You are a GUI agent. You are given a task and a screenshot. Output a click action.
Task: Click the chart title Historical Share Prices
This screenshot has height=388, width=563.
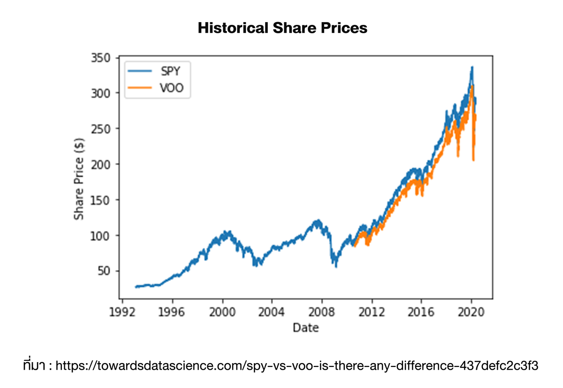tap(282, 28)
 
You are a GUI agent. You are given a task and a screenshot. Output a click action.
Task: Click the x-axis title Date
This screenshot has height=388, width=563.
tap(305, 327)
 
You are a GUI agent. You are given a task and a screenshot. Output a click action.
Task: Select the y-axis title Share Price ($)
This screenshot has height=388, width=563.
tap(79, 178)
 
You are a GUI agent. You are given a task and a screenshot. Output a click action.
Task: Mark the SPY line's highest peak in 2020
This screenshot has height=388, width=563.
tap(472, 67)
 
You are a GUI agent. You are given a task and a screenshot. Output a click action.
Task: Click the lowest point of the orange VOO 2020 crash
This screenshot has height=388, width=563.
tap(473, 160)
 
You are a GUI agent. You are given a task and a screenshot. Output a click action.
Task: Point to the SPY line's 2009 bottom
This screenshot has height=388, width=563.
tap(335, 266)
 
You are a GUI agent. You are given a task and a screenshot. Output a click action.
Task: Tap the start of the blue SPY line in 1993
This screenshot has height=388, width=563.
tap(136, 287)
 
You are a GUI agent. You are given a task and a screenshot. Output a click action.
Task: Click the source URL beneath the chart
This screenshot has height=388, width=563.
tap(297, 365)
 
